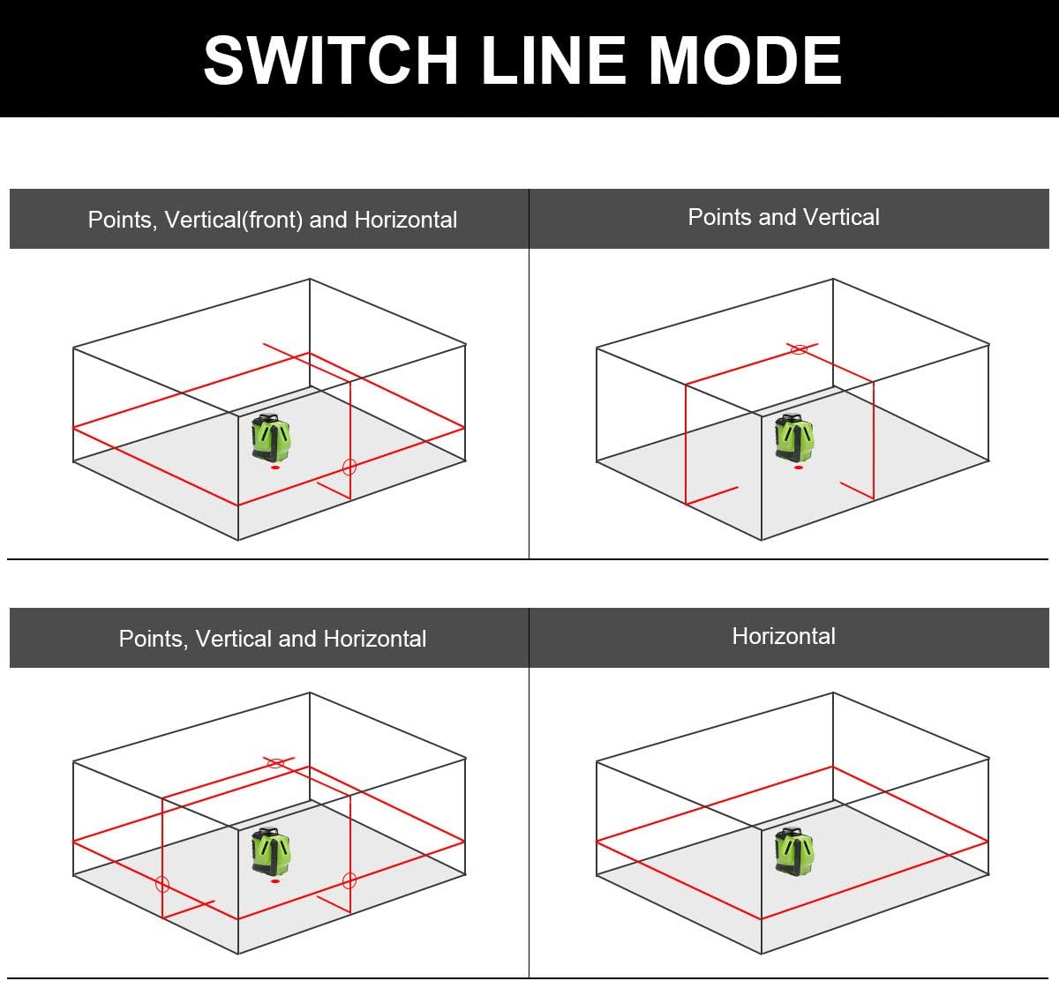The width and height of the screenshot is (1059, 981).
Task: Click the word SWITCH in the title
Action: [x=331, y=60]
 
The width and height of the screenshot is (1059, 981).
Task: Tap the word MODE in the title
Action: [x=746, y=60]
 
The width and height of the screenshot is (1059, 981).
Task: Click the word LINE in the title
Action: [x=553, y=60]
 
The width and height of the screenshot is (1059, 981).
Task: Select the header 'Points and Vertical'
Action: [x=784, y=217]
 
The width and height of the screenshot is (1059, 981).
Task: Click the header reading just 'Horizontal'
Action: [x=784, y=636]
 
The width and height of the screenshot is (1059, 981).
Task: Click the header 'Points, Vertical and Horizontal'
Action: [x=273, y=639]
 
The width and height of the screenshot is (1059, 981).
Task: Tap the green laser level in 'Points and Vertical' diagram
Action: [x=794, y=438]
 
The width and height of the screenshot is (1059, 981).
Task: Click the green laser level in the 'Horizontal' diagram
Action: [x=794, y=851]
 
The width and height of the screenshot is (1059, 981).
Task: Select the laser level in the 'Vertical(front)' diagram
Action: [x=271, y=438]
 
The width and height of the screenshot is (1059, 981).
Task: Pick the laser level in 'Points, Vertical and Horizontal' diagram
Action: [x=271, y=851]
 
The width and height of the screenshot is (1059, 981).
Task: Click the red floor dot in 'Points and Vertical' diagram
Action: [x=799, y=468]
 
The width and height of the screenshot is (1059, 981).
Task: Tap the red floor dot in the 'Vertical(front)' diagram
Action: [x=275, y=468]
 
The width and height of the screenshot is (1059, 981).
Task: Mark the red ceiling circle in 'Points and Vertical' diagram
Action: [x=799, y=349]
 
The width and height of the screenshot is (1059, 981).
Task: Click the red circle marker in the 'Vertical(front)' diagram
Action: [x=349, y=467]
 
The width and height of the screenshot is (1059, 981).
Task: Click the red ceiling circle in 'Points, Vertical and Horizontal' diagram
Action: [x=275, y=763]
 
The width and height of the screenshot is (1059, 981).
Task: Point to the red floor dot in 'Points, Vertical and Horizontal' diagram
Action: [x=275, y=881]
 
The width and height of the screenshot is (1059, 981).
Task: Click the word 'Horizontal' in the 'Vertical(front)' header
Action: [x=406, y=220]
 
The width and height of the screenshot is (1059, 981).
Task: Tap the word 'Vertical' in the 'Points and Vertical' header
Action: [x=841, y=217]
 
